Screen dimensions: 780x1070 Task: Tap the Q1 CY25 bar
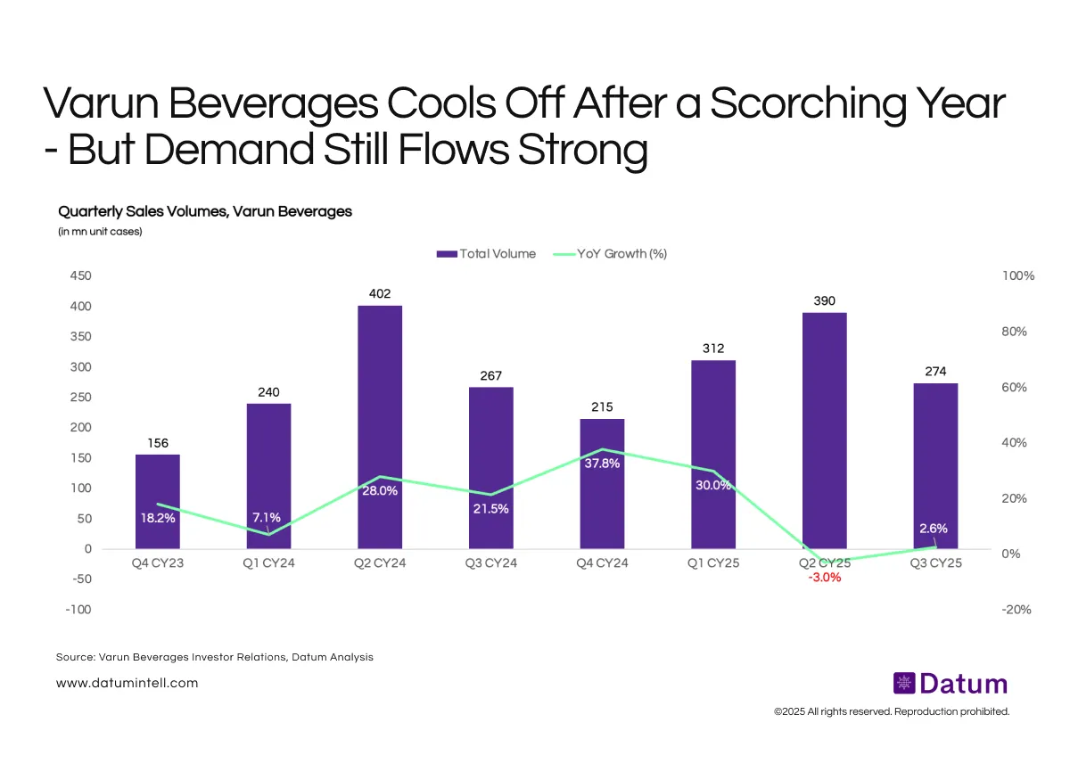712,454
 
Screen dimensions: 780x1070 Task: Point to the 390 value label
824,301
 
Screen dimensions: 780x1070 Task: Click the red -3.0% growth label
824,578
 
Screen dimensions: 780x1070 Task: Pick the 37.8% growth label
602,464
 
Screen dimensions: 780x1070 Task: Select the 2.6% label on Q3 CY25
934,529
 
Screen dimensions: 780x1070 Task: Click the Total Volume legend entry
487,254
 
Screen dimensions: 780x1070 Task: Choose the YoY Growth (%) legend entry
611,254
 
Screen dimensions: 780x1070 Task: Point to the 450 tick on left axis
80,276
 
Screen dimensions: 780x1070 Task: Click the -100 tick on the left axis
78,610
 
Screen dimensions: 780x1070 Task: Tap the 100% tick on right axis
1018,276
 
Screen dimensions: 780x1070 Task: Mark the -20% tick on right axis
1017,610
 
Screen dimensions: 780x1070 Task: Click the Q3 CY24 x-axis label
490,563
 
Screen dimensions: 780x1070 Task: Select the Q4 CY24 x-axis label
602,563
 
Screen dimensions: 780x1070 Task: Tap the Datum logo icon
904,684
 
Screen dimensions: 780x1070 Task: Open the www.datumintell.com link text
127,683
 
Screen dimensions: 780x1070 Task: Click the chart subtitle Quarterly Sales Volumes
205,212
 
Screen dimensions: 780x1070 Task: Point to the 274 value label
934,372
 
